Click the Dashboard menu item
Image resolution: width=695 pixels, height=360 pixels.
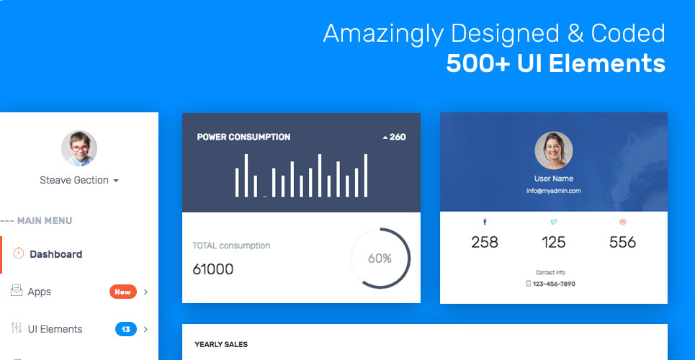coord(55,254)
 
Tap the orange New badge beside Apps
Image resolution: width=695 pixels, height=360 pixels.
coord(122,292)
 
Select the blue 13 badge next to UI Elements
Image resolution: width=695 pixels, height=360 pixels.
coord(126,329)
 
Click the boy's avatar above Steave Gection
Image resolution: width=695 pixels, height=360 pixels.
coord(79,149)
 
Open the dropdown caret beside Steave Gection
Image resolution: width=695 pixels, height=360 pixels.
coord(116,181)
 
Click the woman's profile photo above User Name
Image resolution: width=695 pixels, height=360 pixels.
coord(553,150)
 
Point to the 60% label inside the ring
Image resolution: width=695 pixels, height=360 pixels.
coord(380,258)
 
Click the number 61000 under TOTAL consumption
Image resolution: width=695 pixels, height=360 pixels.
coord(213,270)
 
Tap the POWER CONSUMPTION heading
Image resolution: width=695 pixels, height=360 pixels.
coord(243,137)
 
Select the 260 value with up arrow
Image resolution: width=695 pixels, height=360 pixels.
coord(394,137)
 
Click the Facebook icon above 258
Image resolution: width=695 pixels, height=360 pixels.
coord(485,222)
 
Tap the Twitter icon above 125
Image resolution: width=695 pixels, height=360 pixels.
coord(553,222)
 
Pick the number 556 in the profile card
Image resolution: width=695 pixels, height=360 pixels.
coord(622,243)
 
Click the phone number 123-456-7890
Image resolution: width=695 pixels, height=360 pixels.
coord(553,284)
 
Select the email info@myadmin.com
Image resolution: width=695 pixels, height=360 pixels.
coord(553,191)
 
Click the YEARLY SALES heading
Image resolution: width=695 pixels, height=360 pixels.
coord(221,345)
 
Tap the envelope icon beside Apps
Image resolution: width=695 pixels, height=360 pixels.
coord(17,291)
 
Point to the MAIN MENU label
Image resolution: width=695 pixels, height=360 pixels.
coord(44,221)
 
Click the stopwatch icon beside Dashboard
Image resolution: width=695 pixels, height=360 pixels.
coord(19,253)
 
